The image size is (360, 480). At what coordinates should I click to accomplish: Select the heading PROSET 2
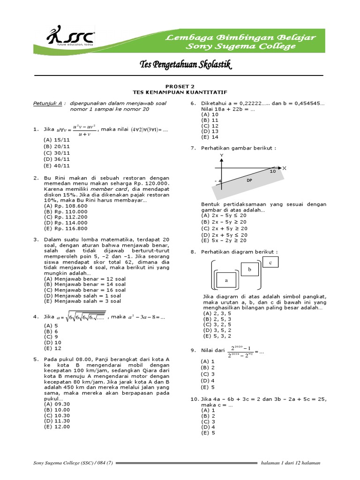(x=180, y=86)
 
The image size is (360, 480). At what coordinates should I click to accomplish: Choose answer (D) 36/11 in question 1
(x=56, y=159)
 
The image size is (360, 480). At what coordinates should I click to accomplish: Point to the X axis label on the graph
(x=284, y=167)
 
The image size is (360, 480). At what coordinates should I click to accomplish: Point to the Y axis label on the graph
(x=222, y=155)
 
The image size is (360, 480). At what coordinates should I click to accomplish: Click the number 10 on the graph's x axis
(x=272, y=172)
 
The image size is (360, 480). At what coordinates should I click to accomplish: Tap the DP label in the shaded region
(x=249, y=180)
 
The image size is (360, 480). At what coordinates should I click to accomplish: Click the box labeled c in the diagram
(x=270, y=263)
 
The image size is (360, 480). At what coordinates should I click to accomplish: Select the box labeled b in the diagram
(x=249, y=270)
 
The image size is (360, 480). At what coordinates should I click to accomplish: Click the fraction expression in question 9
(x=240, y=351)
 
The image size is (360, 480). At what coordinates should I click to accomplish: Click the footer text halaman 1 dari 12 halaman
(x=291, y=463)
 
